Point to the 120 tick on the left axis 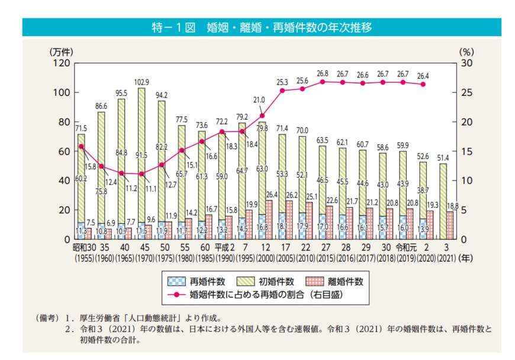(x=63, y=63)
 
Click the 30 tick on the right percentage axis (x=466, y=63)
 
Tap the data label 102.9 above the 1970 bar (x=141, y=82)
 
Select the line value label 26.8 (x=323, y=73)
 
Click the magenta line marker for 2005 (x=282, y=91)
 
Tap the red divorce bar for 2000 (x=269, y=220)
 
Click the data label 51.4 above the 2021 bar (x=444, y=157)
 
